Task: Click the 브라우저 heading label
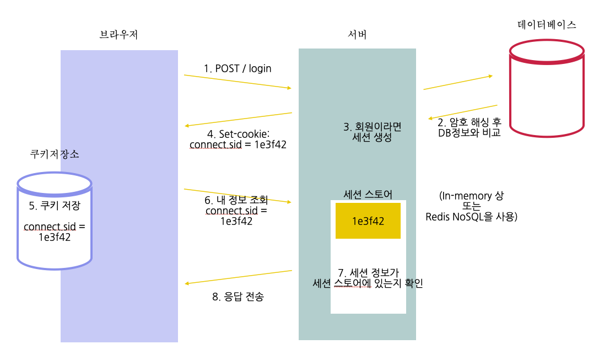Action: pos(118,35)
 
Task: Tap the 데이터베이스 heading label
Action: pos(547,25)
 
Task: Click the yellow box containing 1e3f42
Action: pos(368,221)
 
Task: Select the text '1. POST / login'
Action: pos(238,68)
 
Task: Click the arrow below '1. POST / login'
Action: pos(238,82)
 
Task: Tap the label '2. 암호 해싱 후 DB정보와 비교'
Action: pos(468,127)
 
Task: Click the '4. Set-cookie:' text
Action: pos(238,133)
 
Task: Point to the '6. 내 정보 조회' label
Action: pos(236,200)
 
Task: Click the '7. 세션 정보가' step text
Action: pos(368,272)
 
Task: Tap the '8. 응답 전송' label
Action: pos(238,297)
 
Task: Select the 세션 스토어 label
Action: pos(368,194)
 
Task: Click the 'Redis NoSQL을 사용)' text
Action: pos(471,217)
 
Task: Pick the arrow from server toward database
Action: pos(457,82)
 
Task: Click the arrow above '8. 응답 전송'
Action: pos(239,277)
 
